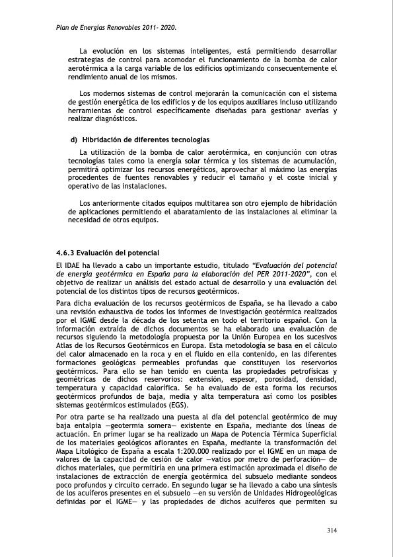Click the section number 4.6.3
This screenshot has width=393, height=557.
tap(67, 253)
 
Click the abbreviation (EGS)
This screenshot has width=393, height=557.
tap(159, 404)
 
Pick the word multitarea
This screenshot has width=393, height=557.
tap(197, 202)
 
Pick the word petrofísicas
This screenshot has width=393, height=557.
tap(308, 373)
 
